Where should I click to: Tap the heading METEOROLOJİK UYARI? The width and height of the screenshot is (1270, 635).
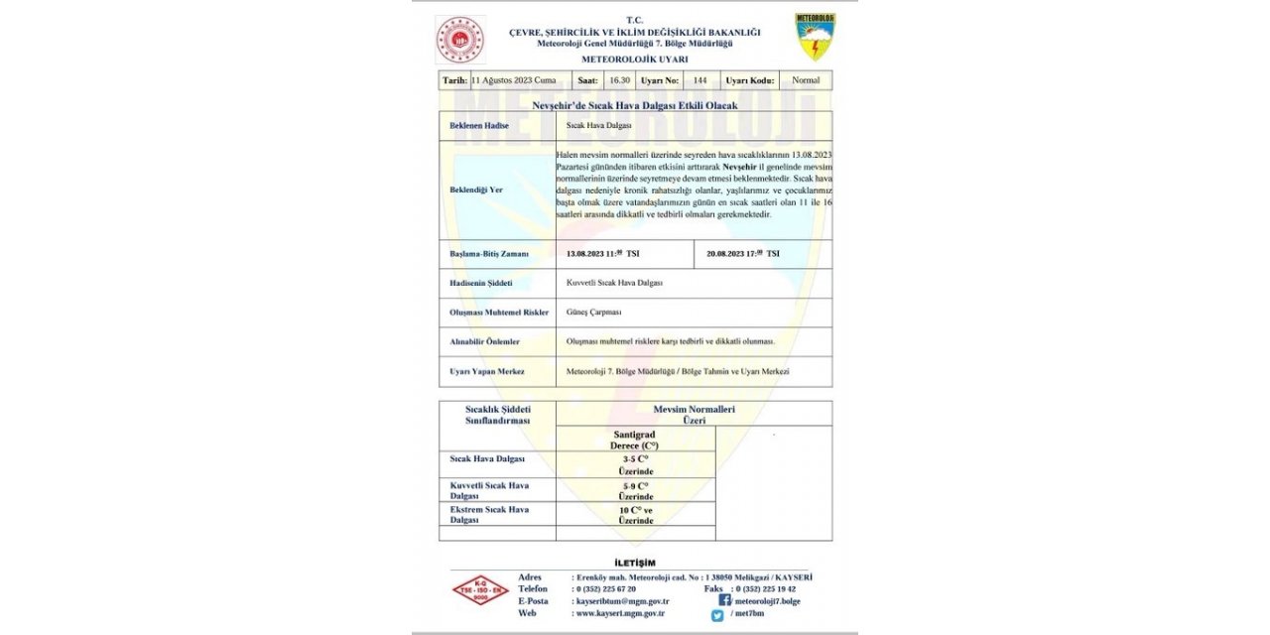click(x=634, y=59)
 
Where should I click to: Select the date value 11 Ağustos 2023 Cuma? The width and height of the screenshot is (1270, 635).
click(x=514, y=79)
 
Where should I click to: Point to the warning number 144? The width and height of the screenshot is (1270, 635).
click(x=700, y=79)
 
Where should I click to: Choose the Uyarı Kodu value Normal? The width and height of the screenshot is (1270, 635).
click(x=807, y=79)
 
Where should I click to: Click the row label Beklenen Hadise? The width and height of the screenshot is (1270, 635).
click(x=471, y=125)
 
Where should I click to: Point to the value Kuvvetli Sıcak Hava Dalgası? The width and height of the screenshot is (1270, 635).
click(x=614, y=283)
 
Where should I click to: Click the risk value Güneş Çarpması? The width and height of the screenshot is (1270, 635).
click(x=593, y=313)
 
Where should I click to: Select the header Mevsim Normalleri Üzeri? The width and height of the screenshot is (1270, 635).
click(x=694, y=415)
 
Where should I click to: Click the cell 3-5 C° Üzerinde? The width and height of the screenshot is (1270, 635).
click(x=635, y=465)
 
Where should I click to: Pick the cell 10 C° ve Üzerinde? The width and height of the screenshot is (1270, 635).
click(x=635, y=514)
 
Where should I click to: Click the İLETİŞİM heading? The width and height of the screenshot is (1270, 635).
click(x=635, y=564)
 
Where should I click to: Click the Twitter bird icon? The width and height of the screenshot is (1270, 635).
click(x=716, y=615)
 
